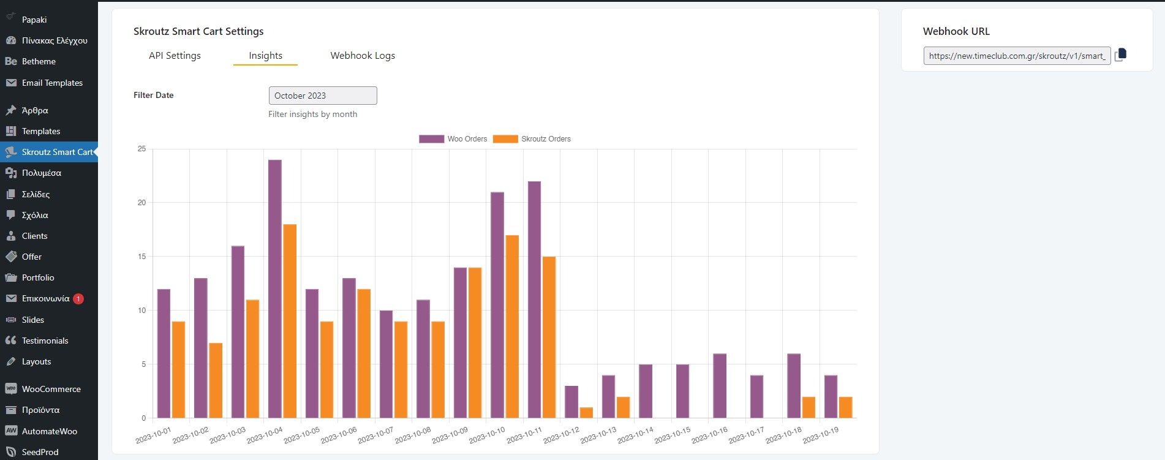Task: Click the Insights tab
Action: pyautogui.click(x=265, y=56)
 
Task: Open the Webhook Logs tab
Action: pyautogui.click(x=363, y=56)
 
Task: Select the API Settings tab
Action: pyautogui.click(x=175, y=56)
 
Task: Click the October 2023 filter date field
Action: pyautogui.click(x=323, y=96)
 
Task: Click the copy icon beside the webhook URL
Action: pyautogui.click(x=1120, y=55)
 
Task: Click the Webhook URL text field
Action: pyautogui.click(x=1017, y=56)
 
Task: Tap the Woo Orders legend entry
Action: pyautogui.click(x=453, y=139)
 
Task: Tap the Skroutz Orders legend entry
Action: pyautogui.click(x=532, y=139)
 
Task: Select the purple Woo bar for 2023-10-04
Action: pyautogui.click(x=275, y=288)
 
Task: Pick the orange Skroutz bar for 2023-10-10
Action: pyautogui.click(x=512, y=326)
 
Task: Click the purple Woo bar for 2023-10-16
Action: pyautogui.click(x=720, y=386)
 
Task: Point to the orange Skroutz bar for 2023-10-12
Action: pyautogui.click(x=586, y=413)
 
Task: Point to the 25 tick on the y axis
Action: pyautogui.click(x=142, y=149)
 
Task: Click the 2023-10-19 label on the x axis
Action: pyautogui.click(x=821, y=435)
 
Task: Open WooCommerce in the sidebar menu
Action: pyautogui.click(x=51, y=389)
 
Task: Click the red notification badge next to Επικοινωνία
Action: pyautogui.click(x=78, y=299)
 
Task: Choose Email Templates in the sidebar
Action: pyautogui.click(x=52, y=83)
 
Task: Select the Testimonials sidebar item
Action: pyautogui.click(x=45, y=341)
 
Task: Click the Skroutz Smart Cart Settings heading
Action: pyautogui.click(x=198, y=31)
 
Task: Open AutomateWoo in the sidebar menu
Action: pyautogui.click(x=49, y=431)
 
